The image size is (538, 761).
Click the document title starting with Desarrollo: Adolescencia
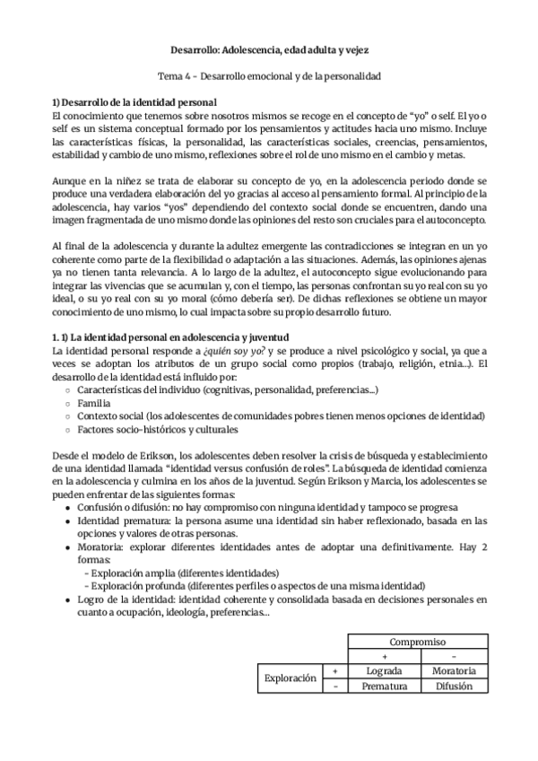[x=269, y=50]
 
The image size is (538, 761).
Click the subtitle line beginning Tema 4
[x=269, y=77]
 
